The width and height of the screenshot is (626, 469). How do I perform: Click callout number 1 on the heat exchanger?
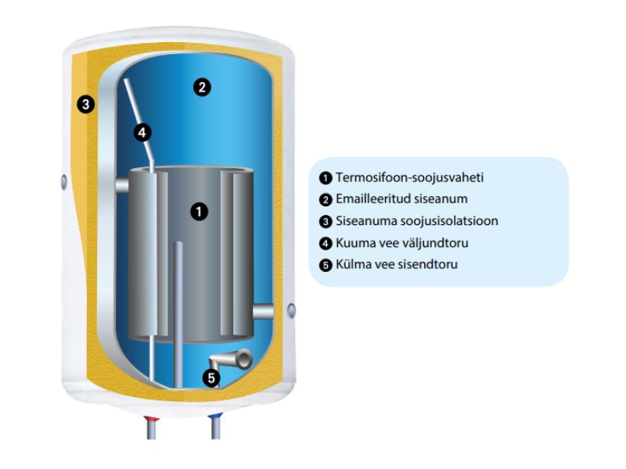point(200,211)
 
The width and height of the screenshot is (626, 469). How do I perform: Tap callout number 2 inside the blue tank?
point(201,88)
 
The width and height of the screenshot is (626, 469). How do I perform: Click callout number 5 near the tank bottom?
point(211,378)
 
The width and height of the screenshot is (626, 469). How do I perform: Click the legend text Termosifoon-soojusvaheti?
point(409,177)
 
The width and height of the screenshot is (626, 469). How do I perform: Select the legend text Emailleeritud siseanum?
point(401,199)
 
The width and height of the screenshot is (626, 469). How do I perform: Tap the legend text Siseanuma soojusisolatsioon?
point(416,221)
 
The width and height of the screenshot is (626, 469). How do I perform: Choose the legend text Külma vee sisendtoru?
point(396,264)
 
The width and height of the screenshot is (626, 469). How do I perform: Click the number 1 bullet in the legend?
point(326,177)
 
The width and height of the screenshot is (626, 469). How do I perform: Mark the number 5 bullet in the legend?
point(326,265)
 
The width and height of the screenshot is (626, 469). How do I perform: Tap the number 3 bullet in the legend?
point(326,221)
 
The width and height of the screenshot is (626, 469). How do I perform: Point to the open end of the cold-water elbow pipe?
point(244,360)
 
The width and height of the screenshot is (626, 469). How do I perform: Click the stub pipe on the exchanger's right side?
point(265,311)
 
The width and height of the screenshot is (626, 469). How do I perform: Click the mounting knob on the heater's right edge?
point(293,310)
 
